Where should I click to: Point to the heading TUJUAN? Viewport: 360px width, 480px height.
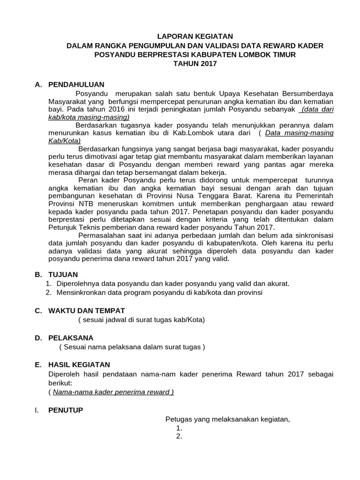(63, 274)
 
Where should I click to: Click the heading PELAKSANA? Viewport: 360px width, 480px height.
(71, 337)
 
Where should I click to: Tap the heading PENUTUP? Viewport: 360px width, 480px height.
(66, 410)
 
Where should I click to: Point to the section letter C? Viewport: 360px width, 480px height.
(38, 310)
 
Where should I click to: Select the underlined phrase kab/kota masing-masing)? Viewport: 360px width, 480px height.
(89, 117)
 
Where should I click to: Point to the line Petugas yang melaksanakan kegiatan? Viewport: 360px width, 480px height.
(228, 419)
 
